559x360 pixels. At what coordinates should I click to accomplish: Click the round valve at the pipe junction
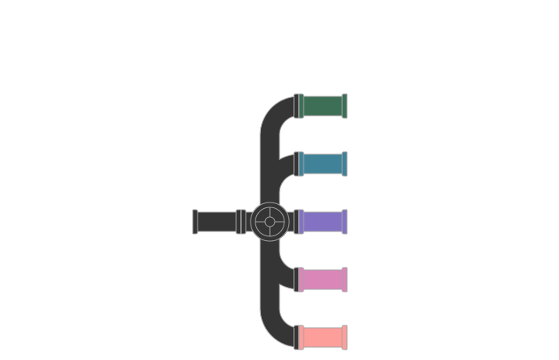tap(271, 221)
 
